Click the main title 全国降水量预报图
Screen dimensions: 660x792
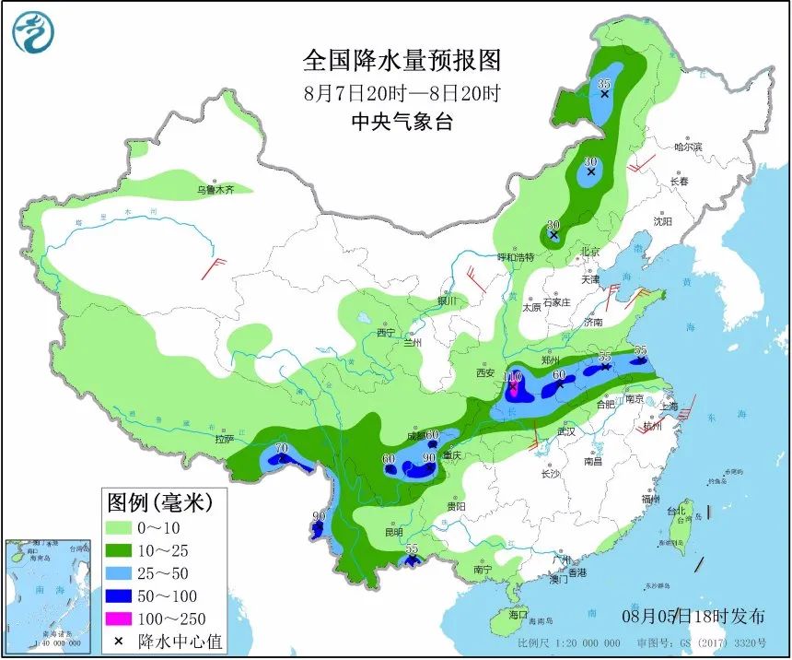402,61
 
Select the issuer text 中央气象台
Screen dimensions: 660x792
402,121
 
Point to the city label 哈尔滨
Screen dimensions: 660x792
687,147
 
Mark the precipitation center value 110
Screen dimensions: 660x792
513,377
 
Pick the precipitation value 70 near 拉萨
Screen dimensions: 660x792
282,448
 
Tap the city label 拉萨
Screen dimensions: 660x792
224,440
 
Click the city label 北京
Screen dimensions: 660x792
589,251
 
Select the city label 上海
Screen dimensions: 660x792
670,407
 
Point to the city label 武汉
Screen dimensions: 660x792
565,430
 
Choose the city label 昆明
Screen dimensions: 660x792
393,532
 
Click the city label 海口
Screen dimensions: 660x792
518,614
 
